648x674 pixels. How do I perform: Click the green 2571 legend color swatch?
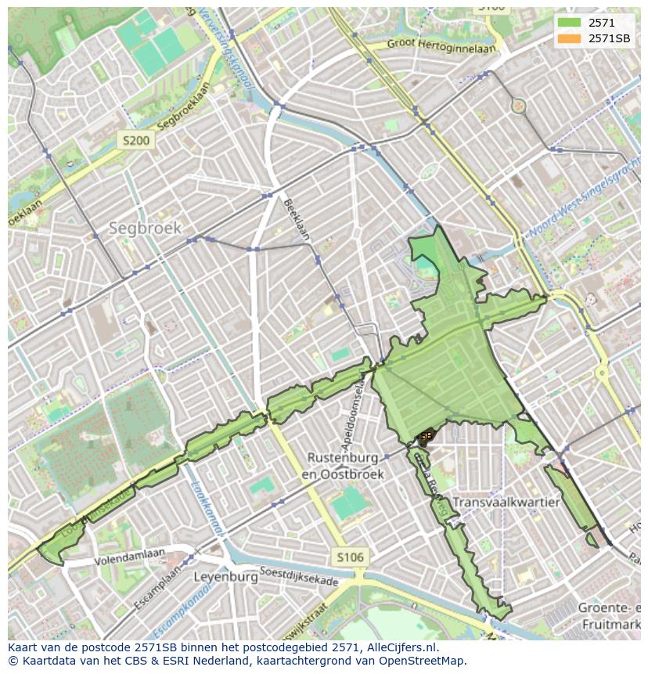(x=569, y=23)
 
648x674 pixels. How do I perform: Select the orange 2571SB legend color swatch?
(x=569, y=38)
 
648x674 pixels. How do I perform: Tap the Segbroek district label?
(x=145, y=229)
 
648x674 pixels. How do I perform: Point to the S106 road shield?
(x=349, y=557)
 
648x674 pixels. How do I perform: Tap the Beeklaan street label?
(x=297, y=218)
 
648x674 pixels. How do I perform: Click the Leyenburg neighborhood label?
(x=225, y=577)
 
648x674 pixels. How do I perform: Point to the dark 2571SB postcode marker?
(x=425, y=437)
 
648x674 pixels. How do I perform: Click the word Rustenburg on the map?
(x=343, y=457)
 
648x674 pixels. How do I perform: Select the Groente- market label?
(x=609, y=608)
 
